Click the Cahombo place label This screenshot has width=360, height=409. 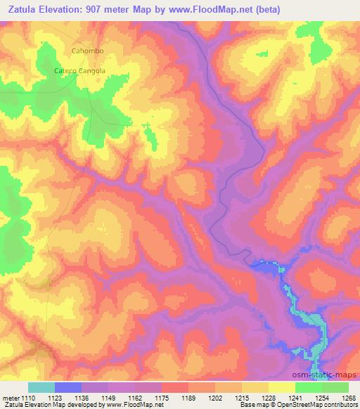[x=87, y=51]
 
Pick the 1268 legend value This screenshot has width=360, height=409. [x=346, y=397]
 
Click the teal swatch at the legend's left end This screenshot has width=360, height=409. [x=41, y=387]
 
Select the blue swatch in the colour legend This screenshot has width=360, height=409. [x=68, y=387]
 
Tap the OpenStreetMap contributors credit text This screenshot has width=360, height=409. [x=323, y=405]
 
